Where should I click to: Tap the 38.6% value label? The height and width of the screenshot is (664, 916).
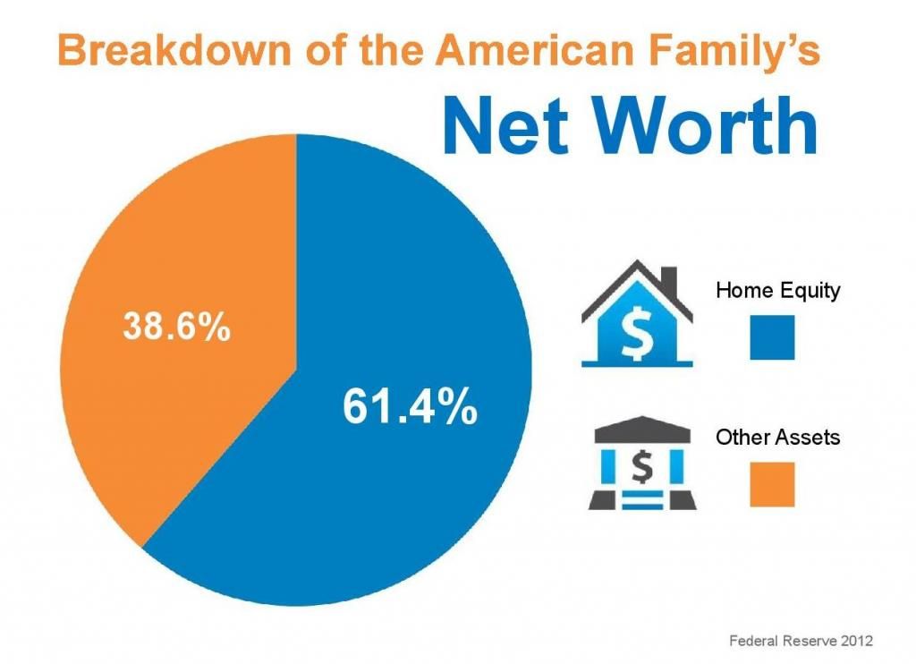click(x=177, y=326)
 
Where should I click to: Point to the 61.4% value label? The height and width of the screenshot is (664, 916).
click(x=410, y=406)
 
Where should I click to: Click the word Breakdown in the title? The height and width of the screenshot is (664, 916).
click(x=174, y=50)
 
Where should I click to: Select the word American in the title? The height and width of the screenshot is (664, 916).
click(x=535, y=50)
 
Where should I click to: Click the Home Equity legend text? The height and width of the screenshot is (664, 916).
click(x=777, y=291)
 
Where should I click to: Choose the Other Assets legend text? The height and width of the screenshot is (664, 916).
click(x=777, y=437)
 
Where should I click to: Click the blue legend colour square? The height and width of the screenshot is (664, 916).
click(x=772, y=337)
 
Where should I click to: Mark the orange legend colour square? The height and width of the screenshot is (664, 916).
click(x=772, y=484)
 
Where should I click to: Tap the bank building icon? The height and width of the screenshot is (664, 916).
click(x=642, y=463)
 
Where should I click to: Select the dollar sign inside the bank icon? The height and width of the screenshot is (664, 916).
click(x=642, y=466)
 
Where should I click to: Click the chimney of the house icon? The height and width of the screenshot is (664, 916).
click(x=669, y=282)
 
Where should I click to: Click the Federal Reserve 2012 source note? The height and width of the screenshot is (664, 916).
click(x=801, y=641)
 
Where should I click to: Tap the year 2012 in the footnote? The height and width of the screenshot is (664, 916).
click(x=856, y=641)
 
